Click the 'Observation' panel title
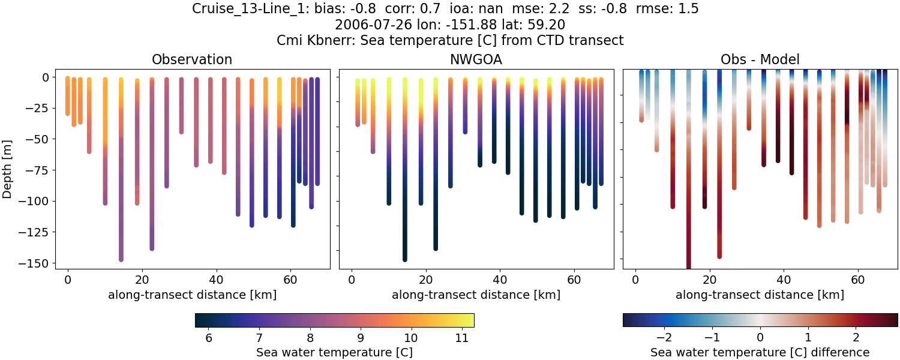(191, 59)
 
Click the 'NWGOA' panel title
(476, 59)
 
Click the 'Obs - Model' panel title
(760, 59)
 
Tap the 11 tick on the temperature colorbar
(461, 338)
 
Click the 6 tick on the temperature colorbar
(209, 338)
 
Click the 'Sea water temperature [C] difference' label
(760, 352)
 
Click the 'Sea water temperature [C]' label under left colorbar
(334, 352)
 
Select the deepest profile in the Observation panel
(121, 180)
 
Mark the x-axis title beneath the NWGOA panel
(476, 295)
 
